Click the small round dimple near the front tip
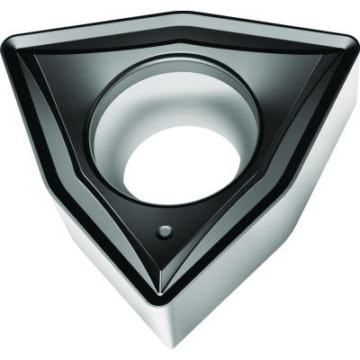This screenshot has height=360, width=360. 166,231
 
